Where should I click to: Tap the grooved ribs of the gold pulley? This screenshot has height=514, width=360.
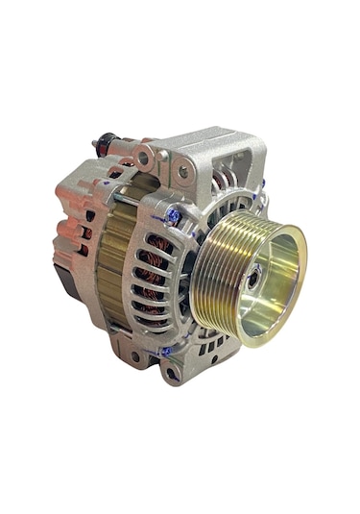point(213,274)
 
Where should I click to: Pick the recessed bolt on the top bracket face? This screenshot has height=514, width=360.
point(182,172)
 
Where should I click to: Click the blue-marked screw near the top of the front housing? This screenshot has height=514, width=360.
point(174,218)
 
